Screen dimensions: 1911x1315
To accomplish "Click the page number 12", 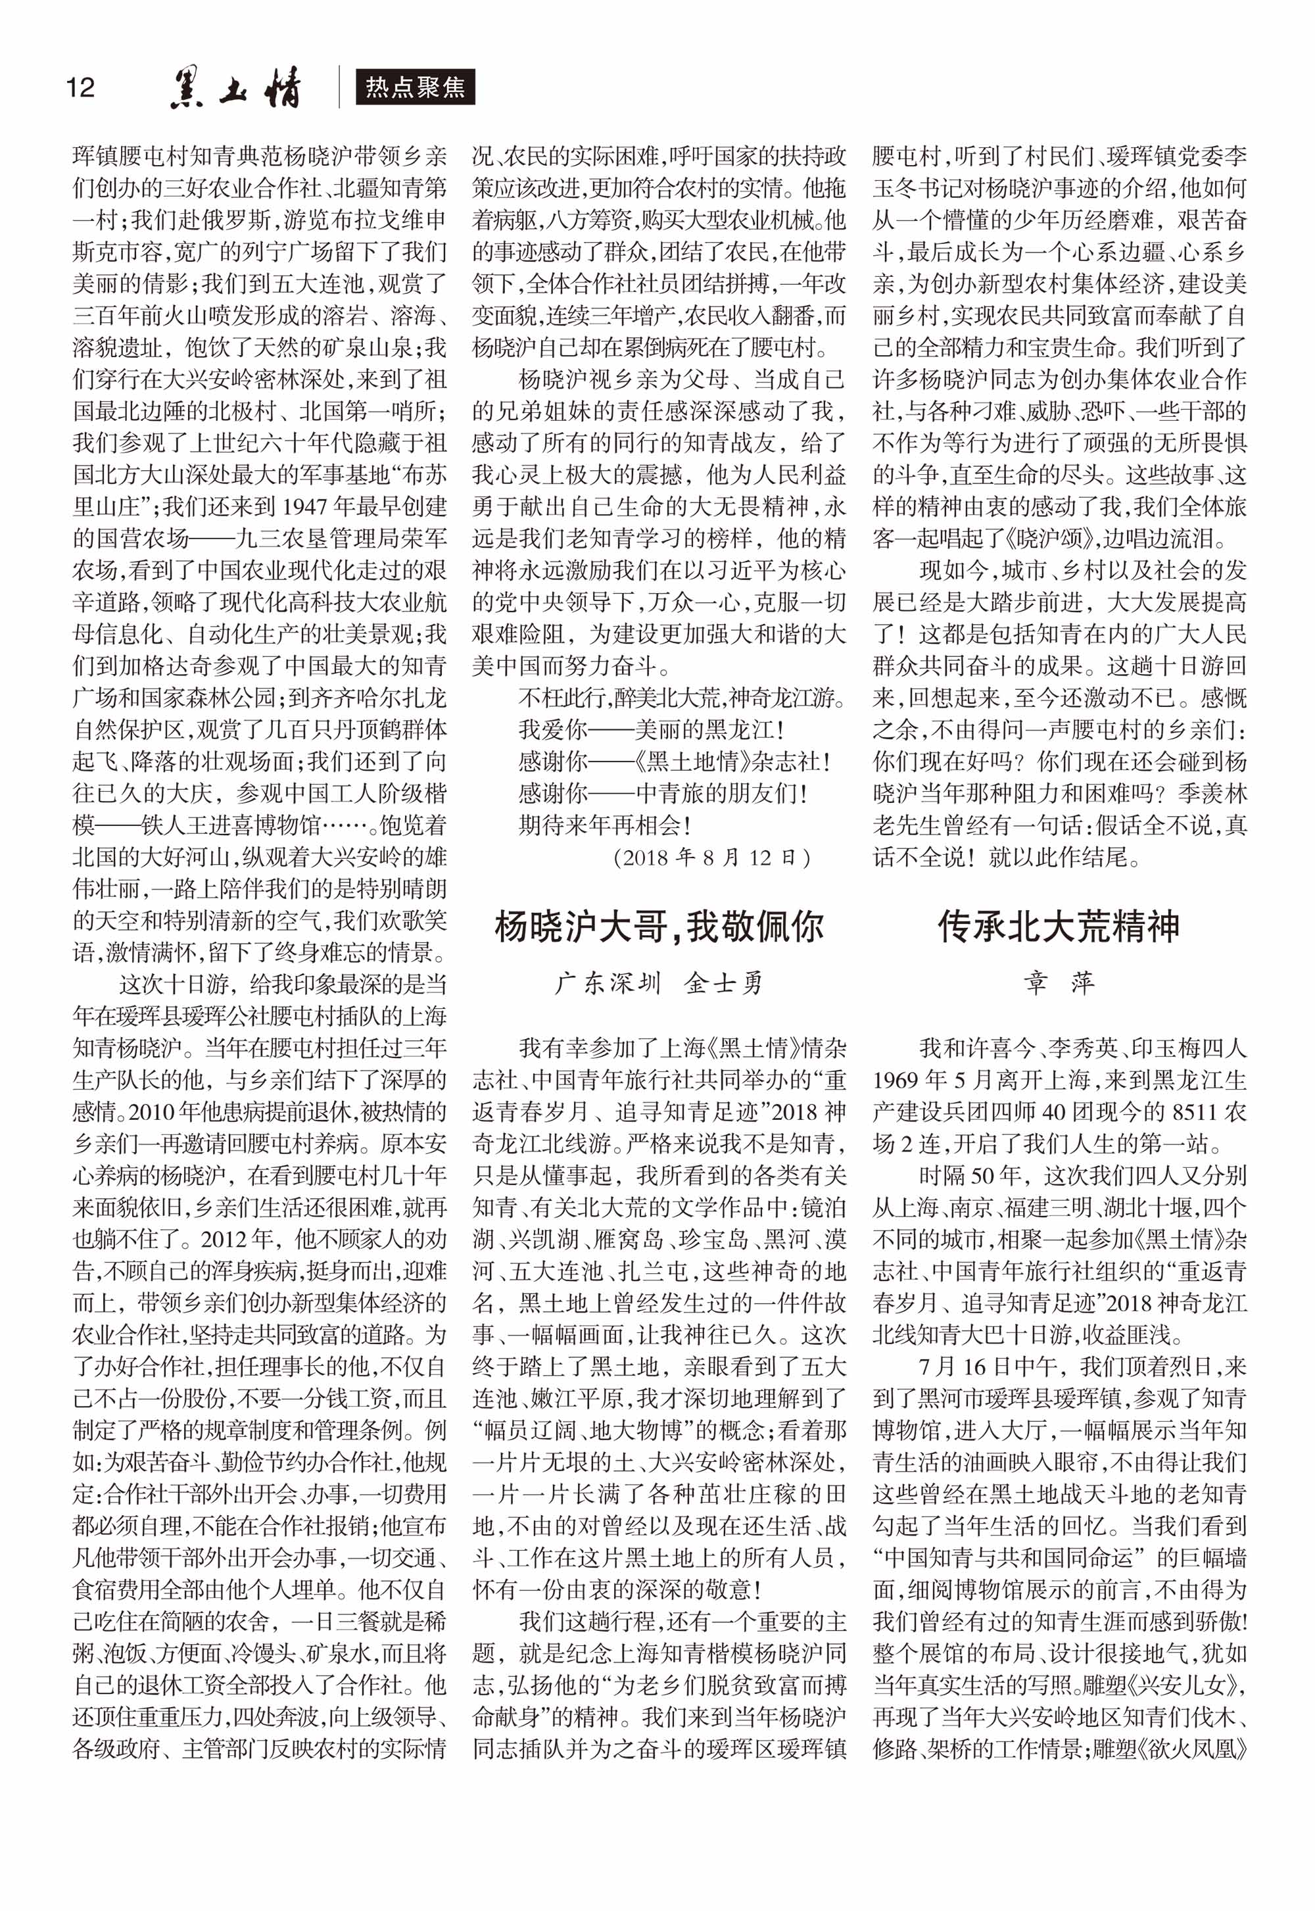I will [x=80, y=87].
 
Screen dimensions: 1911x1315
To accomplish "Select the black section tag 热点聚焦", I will [x=416, y=87].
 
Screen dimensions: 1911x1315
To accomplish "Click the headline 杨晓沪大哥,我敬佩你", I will [x=659, y=927].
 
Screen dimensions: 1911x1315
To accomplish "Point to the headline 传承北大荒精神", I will [x=1059, y=927].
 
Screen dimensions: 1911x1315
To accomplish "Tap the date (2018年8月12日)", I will [x=712, y=858].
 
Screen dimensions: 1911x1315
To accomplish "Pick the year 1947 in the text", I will [x=310, y=506].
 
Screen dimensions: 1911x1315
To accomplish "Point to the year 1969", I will [x=899, y=1080].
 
